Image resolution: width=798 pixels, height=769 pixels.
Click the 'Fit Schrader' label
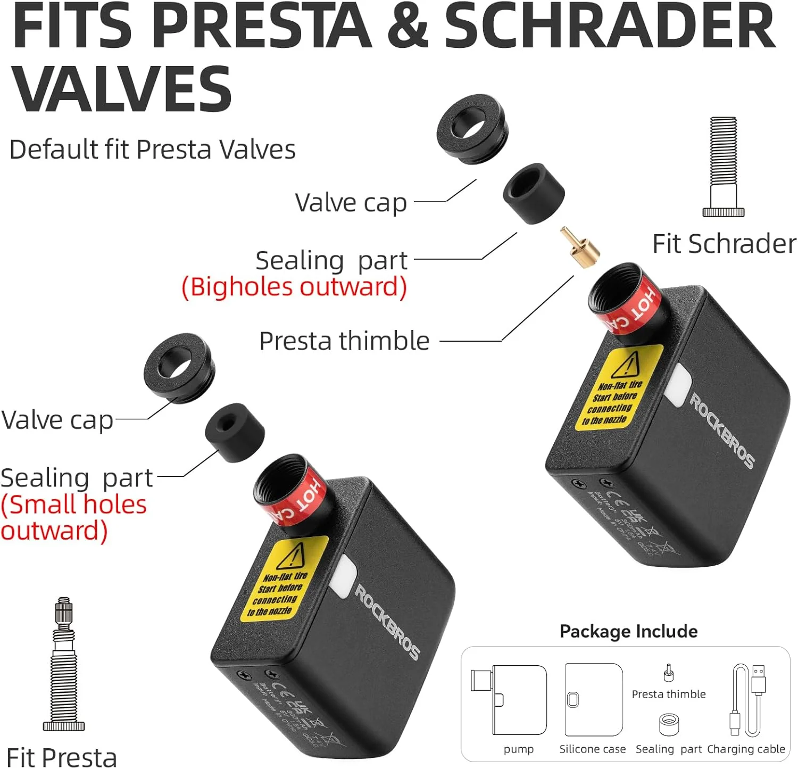coord(724,244)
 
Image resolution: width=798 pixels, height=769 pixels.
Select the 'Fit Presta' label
coord(62,757)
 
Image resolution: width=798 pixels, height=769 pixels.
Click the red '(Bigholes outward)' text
coord(294,287)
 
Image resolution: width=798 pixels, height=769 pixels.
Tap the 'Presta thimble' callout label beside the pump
coord(344,341)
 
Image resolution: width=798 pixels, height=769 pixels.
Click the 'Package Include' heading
coord(628,631)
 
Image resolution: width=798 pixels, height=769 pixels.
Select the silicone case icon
coord(594,699)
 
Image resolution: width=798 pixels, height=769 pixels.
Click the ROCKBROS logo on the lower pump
coord(387,622)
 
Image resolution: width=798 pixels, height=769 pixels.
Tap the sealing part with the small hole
coord(235,432)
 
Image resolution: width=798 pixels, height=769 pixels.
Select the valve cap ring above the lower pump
coord(179,368)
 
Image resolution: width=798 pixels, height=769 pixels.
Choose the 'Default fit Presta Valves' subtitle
coord(152,150)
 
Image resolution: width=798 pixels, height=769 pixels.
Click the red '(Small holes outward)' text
coord(73,517)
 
